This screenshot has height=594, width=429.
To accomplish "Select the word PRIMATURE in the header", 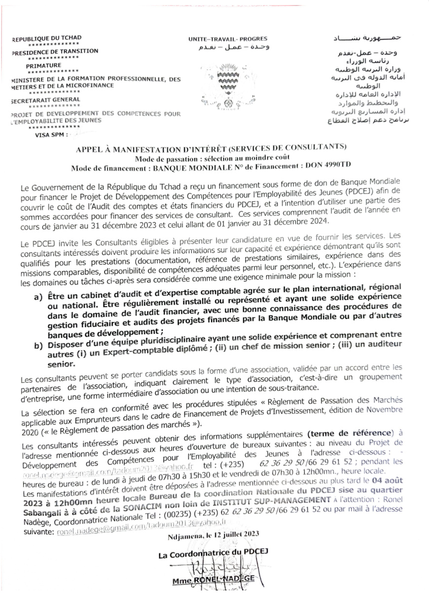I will [44, 65].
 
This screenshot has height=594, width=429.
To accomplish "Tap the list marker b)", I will [38, 345].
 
